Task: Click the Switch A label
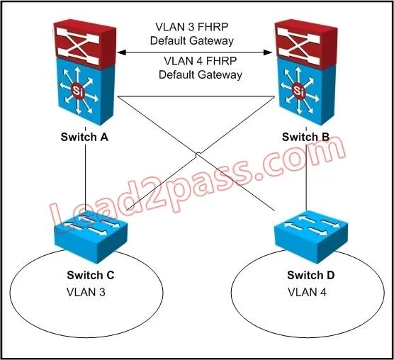point(84,137)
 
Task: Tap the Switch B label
point(305,137)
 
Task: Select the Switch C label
point(91,275)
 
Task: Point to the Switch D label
point(311,275)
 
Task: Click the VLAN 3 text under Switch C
point(86,292)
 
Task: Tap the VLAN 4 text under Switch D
point(307,292)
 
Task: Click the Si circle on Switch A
point(77,91)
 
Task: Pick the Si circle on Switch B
point(298,91)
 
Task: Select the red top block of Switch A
point(85,44)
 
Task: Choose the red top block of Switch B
point(306,43)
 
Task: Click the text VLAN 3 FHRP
point(192,27)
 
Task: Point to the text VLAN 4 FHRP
point(201,61)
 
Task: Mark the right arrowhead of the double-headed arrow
point(268,52)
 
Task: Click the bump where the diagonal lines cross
point(198,154)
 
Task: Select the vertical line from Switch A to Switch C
point(85,176)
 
